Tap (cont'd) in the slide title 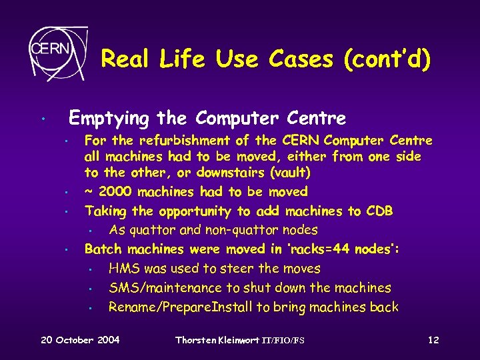pos(387,60)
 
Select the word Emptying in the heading pos(109,119)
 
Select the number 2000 pos(114,192)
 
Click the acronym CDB pos(379,211)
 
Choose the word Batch pos(103,249)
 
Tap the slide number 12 pos(433,340)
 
